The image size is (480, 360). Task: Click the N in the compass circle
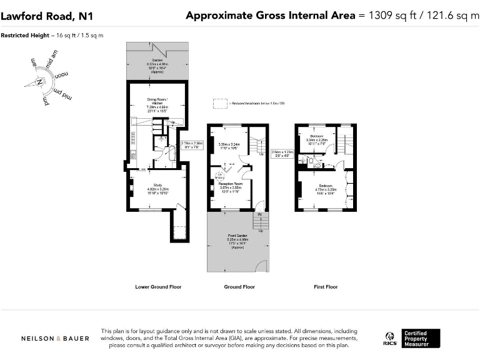[39, 82]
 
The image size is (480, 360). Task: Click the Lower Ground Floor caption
[158, 287]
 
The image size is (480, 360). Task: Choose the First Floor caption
[326, 287]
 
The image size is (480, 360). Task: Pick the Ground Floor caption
[239, 287]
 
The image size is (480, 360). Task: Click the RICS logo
[389, 339]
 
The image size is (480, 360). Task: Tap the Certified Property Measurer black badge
[421, 338]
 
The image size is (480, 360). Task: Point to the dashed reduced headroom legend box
[219, 103]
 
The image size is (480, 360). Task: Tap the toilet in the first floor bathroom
[317, 166]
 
